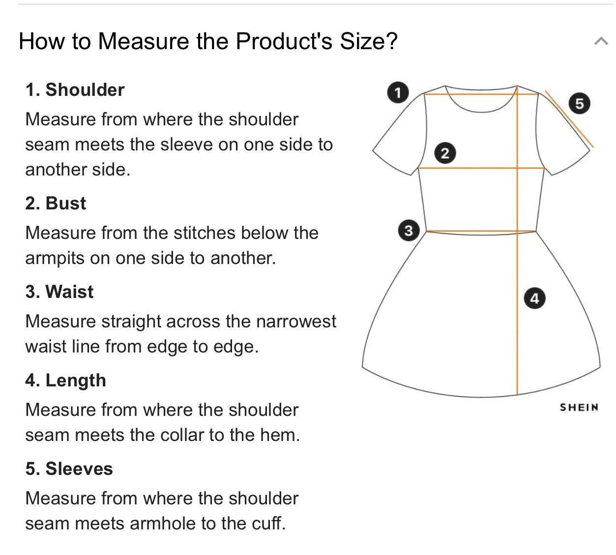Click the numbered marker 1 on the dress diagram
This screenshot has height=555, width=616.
[x=398, y=92]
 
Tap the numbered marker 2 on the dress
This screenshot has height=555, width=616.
[x=445, y=153]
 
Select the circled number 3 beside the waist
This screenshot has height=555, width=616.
[x=408, y=231]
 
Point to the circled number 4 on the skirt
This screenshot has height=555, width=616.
[x=534, y=298]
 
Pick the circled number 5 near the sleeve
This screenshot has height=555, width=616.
[x=579, y=103]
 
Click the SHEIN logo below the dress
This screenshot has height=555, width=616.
[x=579, y=408]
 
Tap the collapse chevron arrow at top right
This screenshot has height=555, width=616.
[x=601, y=41]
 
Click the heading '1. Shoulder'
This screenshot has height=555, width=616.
[x=75, y=90]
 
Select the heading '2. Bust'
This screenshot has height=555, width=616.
[x=56, y=204]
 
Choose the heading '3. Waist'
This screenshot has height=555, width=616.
[x=59, y=292]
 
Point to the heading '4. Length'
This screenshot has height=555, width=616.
[x=65, y=380]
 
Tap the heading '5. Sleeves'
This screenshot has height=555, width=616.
[x=69, y=469]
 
